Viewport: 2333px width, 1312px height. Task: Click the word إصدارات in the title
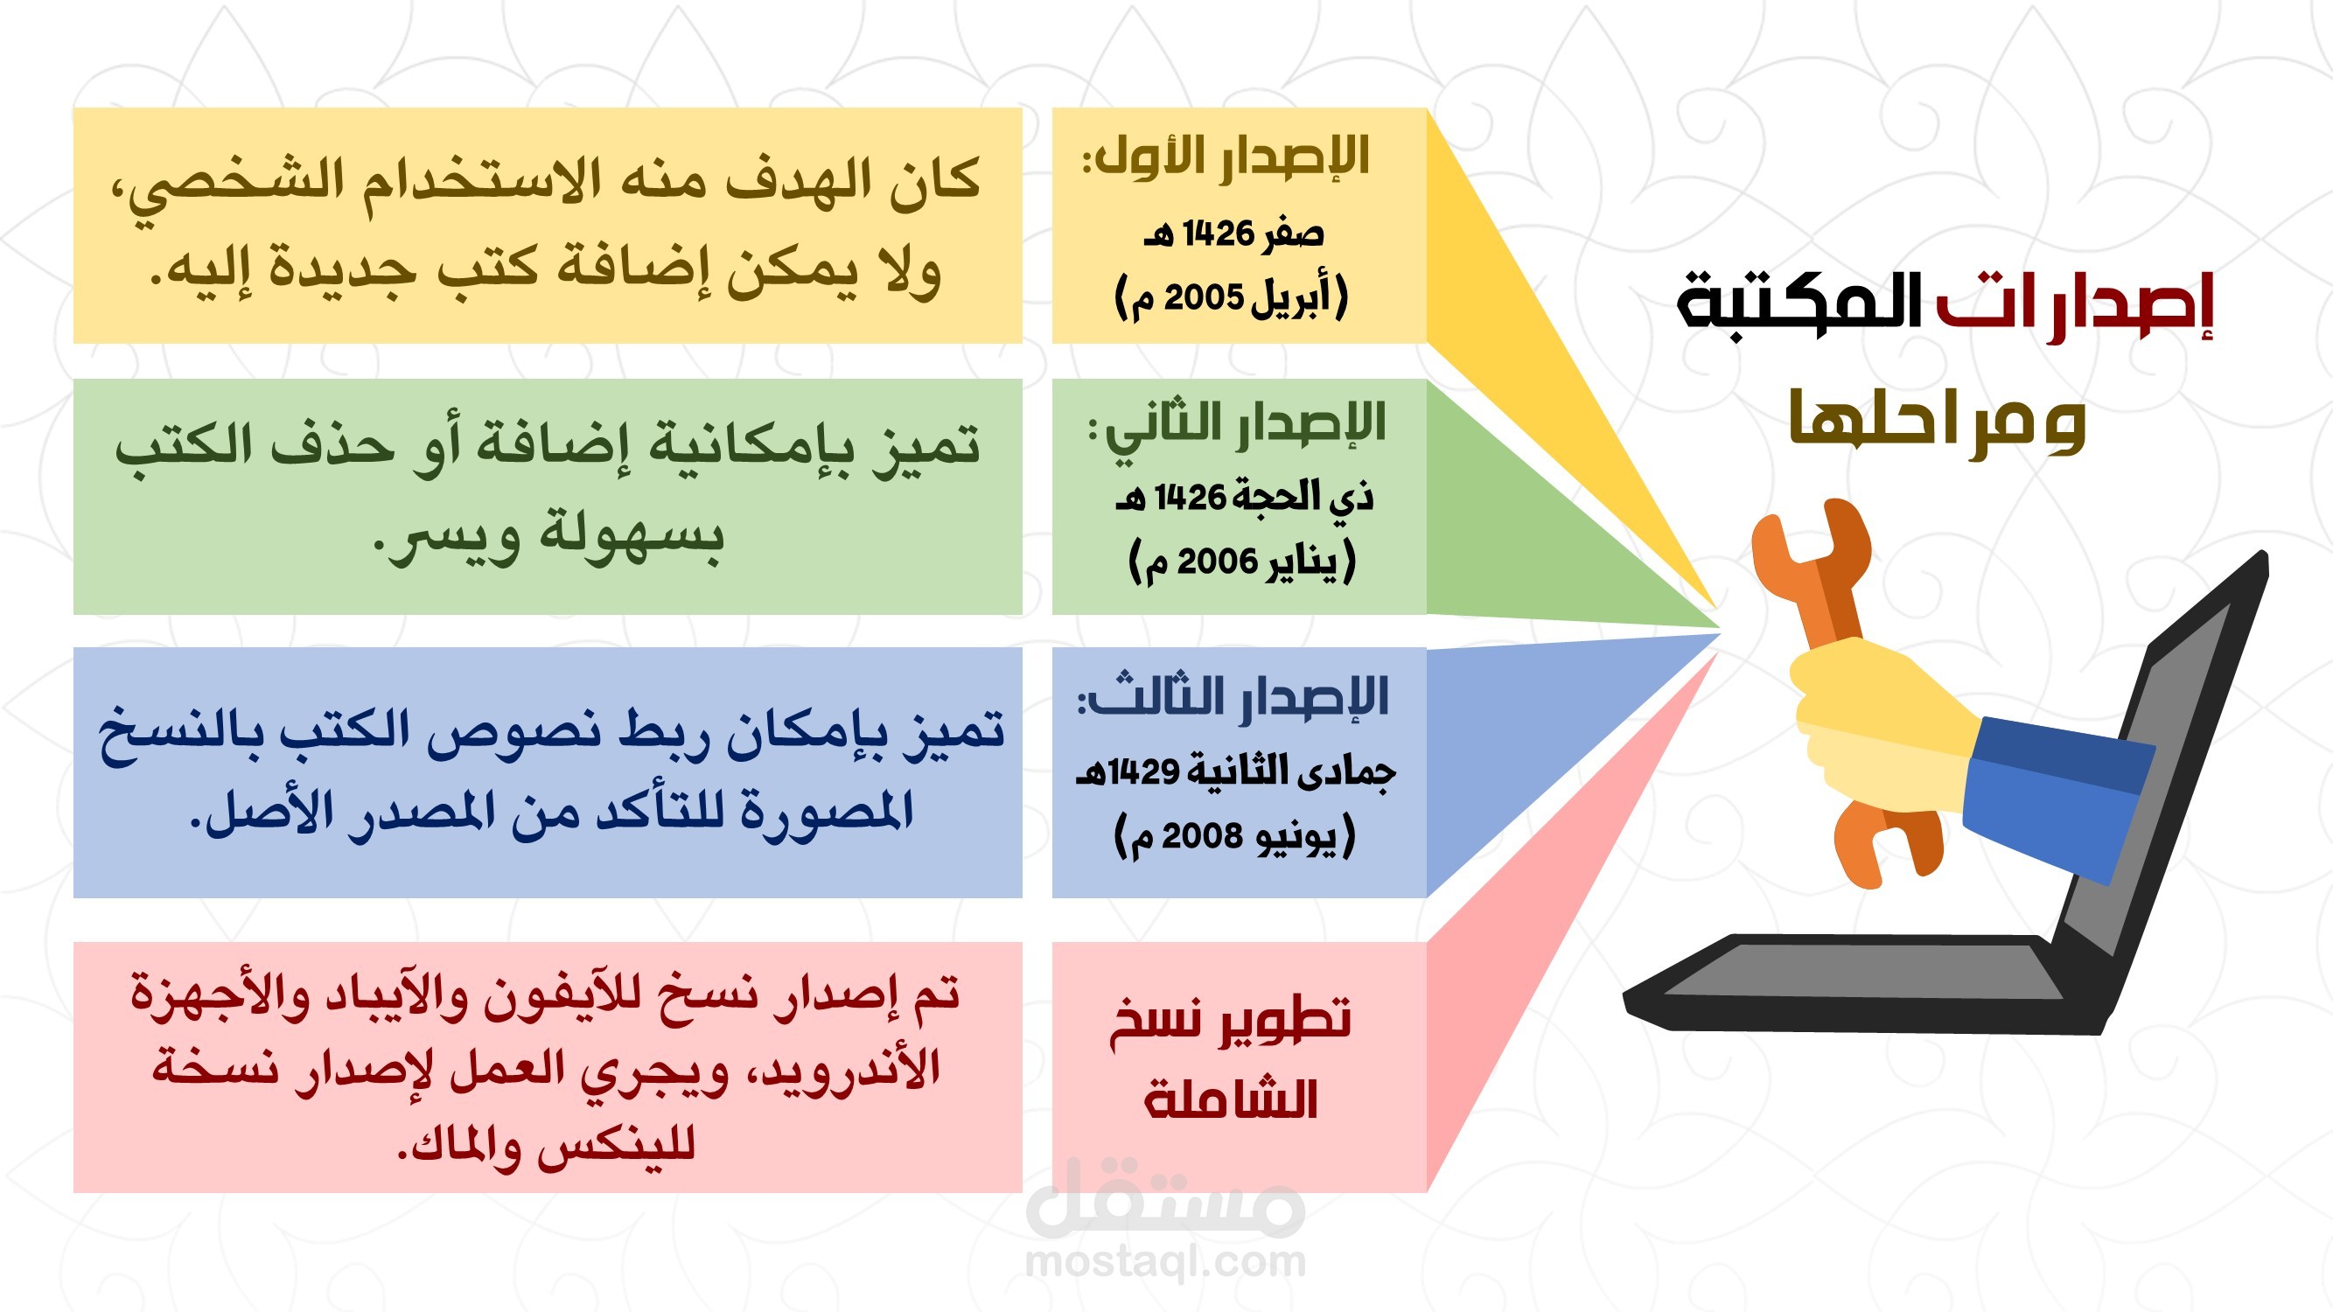2075,304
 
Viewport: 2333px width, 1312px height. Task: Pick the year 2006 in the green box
1217,562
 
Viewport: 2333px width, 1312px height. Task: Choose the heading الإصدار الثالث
1233,698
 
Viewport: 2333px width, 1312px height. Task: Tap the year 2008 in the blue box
1202,835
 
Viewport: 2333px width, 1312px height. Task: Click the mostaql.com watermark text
1165,1261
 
